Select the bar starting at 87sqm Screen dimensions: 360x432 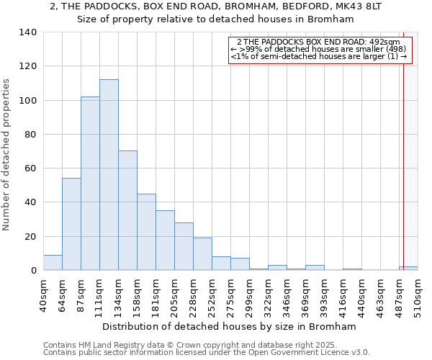pyautogui.click(x=90, y=184)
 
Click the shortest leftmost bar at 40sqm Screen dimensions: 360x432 pyautogui.click(x=53, y=263)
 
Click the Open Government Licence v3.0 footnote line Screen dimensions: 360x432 pyautogui.click(x=207, y=353)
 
